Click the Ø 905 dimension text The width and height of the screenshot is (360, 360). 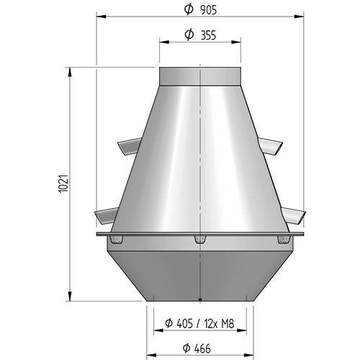[x=200, y=10]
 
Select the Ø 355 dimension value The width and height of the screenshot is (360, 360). [x=200, y=35]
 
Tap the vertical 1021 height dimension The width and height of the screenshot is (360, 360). [x=63, y=184]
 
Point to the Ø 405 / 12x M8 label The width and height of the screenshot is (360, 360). [x=199, y=323]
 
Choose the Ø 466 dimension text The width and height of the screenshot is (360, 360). [x=197, y=348]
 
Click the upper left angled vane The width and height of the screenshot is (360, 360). [x=129, y=146]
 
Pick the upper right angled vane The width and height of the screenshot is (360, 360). [x=271, y=146]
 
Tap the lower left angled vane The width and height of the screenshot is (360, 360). [x=107, y=216]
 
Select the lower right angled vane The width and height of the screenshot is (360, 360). [x=293, y=216]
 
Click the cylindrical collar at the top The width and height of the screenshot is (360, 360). [x=200, y=76]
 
